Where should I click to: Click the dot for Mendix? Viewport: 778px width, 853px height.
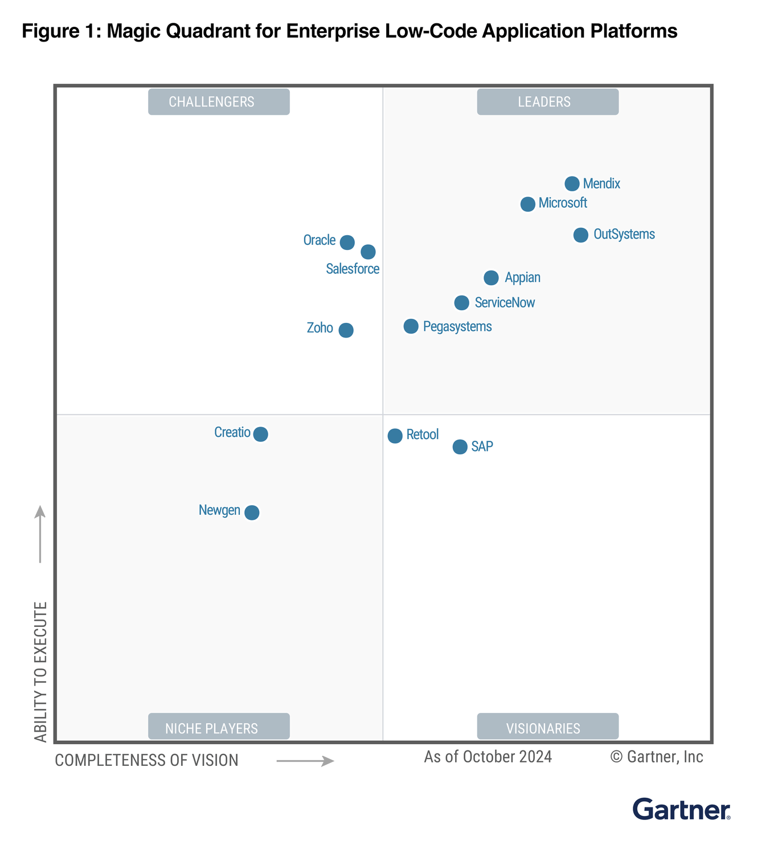pyautogui.click(x=572, y=183)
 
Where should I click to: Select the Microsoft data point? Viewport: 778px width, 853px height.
pyautogui.click(x=528, y=204)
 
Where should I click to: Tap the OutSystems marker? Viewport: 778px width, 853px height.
pyautogui.click(x=580, y=235)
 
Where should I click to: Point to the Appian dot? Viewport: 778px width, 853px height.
pyautogui.click(x=491, y=278)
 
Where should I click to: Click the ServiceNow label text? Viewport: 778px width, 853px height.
pyautogui.click(x=505, y=302)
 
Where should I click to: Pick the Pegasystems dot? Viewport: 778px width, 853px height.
pyautogui.click(x=411, y=326)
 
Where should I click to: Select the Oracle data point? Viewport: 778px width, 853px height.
pyautogui.click(x=347, y=243)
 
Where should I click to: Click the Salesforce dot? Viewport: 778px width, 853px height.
pyautogui.click(x=368, y=252)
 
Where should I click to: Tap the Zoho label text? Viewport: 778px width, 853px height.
pyautogui.click(x=320, y=328)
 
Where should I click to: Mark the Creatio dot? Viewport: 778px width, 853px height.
pyautogui.click(x=260, y=434)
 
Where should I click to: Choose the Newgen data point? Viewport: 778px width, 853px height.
pyautogui.click(x=252, y=512)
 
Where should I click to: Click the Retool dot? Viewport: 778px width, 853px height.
pyautogui.click(x=395, y=436)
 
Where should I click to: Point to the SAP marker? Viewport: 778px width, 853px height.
pyautogui.click(x=460, y=447)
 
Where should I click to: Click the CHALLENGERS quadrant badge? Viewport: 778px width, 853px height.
pyautogui.click(x=219, y=102)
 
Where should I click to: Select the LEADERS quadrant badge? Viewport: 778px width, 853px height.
pyautogui.click(x=547, y=102)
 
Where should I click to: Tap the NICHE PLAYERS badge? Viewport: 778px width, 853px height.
pyautogui.click(x=219, y=727)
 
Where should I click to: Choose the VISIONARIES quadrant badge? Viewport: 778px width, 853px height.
pyautogui.click(x=547, y=727)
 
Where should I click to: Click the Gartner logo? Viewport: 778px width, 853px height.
pyautogui.click(x=681, y=809)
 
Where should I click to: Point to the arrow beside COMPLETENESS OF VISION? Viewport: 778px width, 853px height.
pyautogui.click(x=305, y=761)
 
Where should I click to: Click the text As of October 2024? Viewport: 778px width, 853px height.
pyautogui.click(x=488, y=757)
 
